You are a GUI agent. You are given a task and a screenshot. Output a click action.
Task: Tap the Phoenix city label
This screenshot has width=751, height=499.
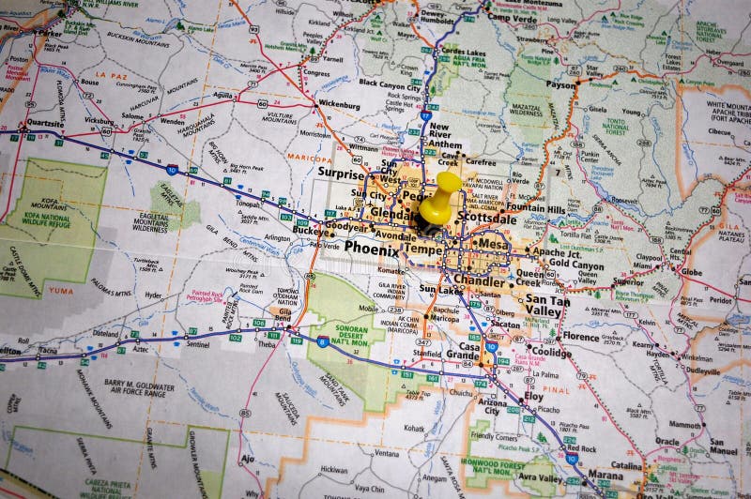tap(371, 248)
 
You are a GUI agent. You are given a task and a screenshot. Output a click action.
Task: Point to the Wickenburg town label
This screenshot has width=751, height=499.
tap(339, 104)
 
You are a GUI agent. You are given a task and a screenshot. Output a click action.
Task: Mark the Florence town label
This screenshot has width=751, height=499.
tap(580, 336)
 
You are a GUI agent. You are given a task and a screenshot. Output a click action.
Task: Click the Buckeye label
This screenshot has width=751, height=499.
tap(311, 229)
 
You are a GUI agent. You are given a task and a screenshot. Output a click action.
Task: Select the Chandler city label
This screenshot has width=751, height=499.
tap(479, 280)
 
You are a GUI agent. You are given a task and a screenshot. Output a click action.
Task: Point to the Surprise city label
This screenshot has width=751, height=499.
tap(340, 174)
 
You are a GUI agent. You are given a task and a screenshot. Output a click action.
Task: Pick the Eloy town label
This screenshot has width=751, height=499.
tap(533, 396)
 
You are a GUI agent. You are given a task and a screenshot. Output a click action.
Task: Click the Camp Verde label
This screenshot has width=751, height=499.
tap(511, 17)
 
